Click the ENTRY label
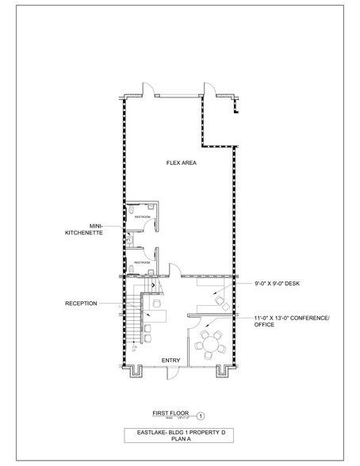tap(171, 361)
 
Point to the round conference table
tap(210, 344)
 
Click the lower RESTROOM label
tap(142, 262)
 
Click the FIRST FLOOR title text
tap(170, 412)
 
